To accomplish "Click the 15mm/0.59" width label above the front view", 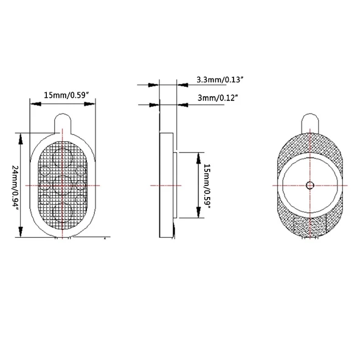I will point(67,95).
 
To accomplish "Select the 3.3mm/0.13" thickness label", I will point(220,80).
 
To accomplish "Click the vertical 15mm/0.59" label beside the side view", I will point(208,185).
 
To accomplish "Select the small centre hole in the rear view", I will point(310,185).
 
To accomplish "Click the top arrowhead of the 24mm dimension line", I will point(22,135).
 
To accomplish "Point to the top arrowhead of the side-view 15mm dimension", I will point(197,156).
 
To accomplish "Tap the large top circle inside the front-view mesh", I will point(63,157).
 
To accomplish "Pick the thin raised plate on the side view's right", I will point(176,185).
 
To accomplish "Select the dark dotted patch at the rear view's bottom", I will point(310,227).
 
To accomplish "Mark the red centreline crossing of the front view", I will point(63,185).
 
